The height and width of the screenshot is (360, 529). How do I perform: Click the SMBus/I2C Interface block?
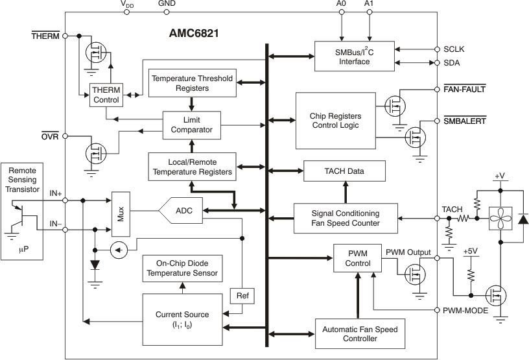point(354,56)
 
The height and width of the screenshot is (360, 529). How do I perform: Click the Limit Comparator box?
point(192,125)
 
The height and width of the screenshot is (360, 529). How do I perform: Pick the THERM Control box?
point(106,95)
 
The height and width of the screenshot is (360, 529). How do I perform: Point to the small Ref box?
point(242,296)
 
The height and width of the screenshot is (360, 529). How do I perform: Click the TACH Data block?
point(344,171)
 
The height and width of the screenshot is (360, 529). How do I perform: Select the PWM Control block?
point(358,258)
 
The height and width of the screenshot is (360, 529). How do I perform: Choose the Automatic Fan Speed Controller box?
point(360,334)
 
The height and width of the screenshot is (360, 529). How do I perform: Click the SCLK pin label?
point(454,49)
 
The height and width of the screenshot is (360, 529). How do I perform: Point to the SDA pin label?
point(452,62)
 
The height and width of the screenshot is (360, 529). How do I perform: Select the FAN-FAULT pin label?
point(464,88)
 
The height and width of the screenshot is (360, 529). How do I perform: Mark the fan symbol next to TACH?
point(500,219)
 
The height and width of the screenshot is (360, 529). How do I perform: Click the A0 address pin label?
point(342,4)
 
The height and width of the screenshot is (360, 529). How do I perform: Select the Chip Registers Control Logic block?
point(335,121)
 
